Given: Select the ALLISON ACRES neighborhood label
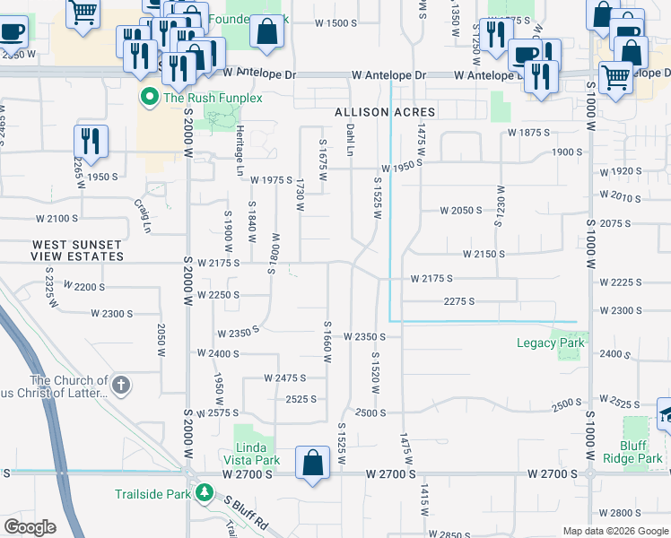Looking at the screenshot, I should pos(385,112).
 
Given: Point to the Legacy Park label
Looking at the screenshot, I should pos(551,343).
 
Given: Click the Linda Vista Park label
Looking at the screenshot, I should pos(257,454).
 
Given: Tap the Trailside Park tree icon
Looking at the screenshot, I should pos(205,494).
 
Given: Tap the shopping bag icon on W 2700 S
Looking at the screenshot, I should pos(312,464).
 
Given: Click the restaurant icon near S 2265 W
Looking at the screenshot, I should pos(91,140).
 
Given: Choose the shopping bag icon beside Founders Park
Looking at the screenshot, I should pos(267,31).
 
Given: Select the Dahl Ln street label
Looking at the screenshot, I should pos(351,139).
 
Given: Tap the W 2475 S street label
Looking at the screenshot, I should pos(284,378).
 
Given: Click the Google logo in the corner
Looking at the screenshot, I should pos(30,527).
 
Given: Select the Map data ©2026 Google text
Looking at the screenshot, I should pos(614,531).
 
